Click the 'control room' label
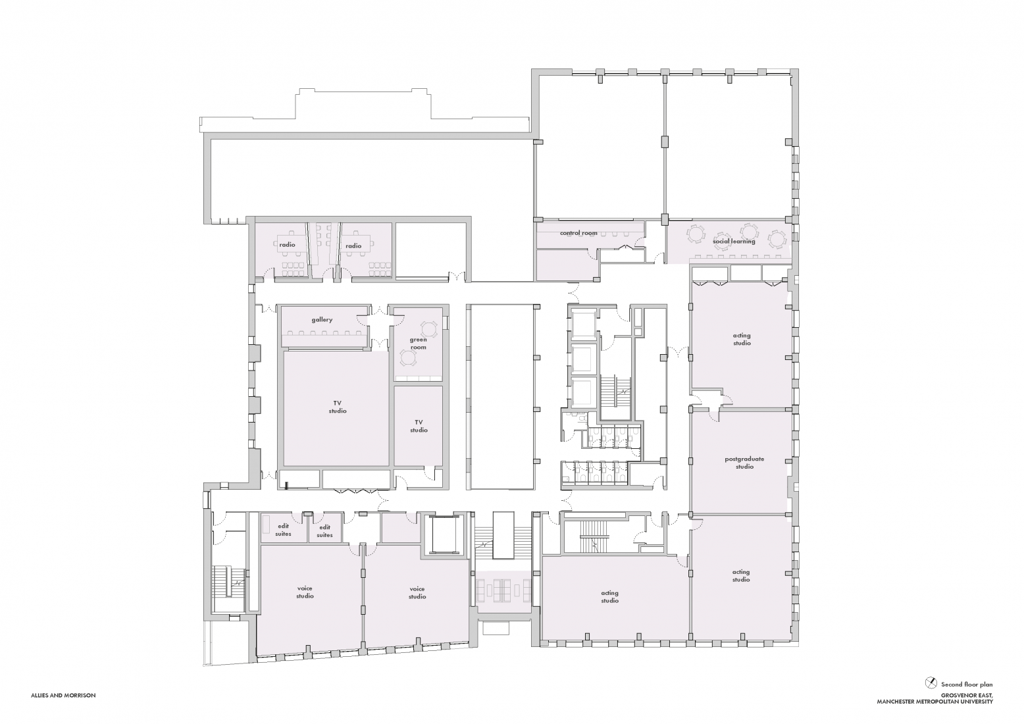click(x=578, y=233)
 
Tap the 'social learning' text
click(x=734, y=241)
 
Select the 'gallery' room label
click(x=322, y=320)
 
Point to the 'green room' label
click(x=419, y=344)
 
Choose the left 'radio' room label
click(x=287, y=245)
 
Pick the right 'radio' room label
click(x=353, y=246)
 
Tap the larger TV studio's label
click(x=337, y=407)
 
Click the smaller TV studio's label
click(x=419, y=426)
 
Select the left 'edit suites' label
click(x=283, y=530)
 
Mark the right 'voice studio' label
click(x=417, y=592)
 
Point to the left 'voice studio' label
click(x=305, y=592)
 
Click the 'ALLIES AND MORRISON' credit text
click(x=63, y=695)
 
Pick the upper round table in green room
click(x=429, y=328)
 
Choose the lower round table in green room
click(x=408, y=358)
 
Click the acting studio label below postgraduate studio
click(x=741, y=576)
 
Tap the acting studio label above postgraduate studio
click(x=742, y=339)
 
